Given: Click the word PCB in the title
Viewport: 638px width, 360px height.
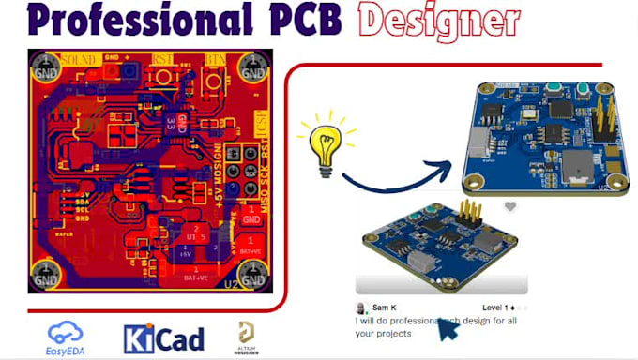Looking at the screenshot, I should click(x=314, y=21).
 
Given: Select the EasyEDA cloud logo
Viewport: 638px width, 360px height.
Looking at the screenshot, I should click(x=66, y=335).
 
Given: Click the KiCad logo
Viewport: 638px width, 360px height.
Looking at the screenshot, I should click(x=163, y=337).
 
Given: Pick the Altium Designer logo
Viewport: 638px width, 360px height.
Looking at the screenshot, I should click(x=248, y=336).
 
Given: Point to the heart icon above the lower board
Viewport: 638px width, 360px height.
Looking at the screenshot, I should click(x=510, y=206).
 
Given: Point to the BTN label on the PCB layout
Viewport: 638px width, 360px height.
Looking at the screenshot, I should click(x=217, y=57).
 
